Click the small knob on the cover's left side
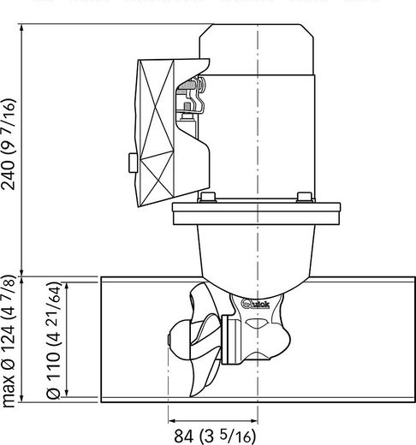[128, 160]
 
